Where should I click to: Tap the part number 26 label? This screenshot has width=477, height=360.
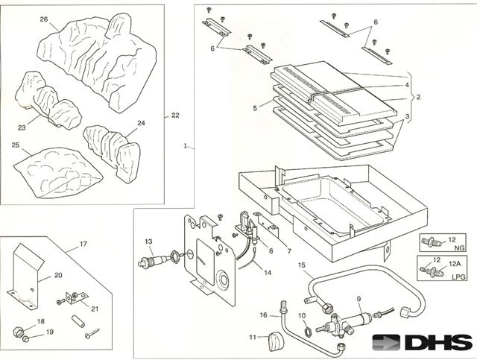point(43,19)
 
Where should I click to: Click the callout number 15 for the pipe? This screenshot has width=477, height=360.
point(301,265)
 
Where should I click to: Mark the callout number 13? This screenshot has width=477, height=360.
point(148,241)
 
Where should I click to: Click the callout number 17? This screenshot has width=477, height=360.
point(83,243)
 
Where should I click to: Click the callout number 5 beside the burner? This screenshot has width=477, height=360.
point(255,108)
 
